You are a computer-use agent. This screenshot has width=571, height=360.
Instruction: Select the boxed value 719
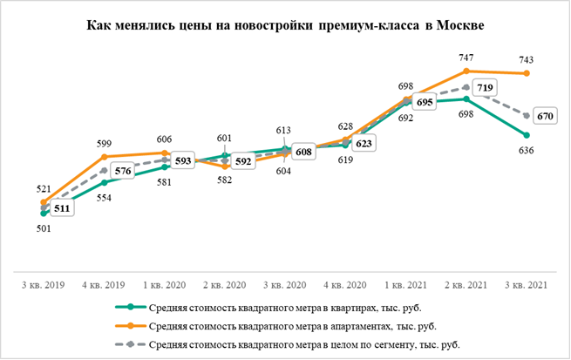tap(482, 89)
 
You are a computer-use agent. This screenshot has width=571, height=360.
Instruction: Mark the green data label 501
tap(44, 228)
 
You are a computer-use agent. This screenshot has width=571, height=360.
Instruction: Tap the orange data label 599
tap(105, 143)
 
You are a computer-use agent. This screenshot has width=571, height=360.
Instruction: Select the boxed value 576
tap(123, 172)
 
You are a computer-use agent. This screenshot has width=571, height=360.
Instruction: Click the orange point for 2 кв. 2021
tap(468, 71)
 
